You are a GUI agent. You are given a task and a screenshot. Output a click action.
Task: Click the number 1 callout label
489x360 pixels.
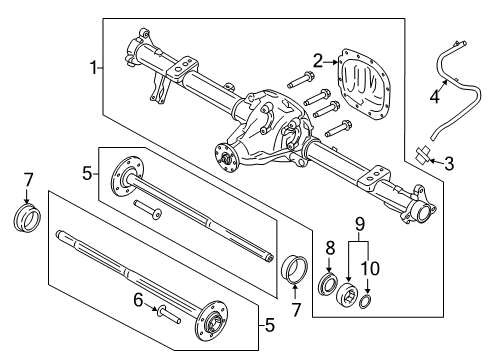click(94, 68)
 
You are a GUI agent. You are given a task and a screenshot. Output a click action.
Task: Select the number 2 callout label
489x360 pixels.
click(318, 61)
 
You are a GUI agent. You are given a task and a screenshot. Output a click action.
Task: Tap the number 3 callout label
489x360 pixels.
click(449, 162)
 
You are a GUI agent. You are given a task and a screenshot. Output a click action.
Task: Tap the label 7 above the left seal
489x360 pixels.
click(27, 179)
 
